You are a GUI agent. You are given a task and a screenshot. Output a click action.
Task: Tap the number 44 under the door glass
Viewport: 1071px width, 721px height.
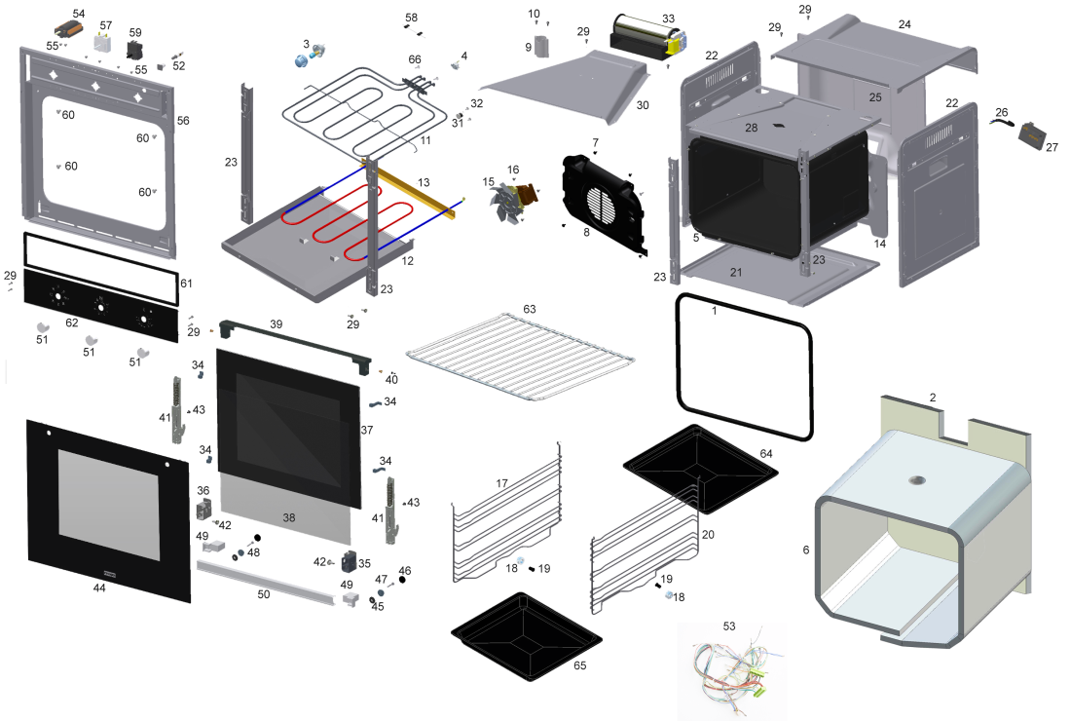(x=99, y=588)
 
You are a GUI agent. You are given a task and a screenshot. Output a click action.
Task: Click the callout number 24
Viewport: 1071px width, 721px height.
(x=905, y=23)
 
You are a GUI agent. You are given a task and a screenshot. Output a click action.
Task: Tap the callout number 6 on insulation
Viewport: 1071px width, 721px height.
(x=805, y=550)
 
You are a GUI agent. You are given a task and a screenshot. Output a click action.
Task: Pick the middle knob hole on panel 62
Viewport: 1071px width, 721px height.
(x=99, y=306)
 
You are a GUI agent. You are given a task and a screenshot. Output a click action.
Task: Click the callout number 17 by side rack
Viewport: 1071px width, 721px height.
(x=501, y=483)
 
